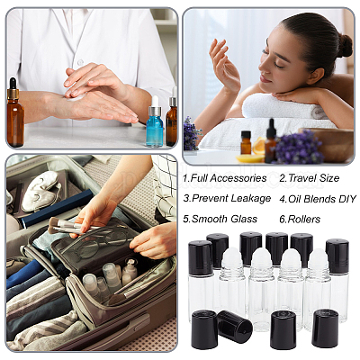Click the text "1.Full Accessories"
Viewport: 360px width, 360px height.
[225, 178]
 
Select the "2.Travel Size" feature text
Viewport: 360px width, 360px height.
[310, 178]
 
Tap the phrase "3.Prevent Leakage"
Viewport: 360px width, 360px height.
[227, 198]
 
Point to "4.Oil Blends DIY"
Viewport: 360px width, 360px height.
[318, 199]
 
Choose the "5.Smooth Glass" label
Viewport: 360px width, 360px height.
[220, 219]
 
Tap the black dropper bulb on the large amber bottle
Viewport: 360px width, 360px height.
[13, 84]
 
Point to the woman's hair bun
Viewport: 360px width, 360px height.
[345, 46]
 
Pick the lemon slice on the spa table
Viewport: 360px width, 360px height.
[250, 158]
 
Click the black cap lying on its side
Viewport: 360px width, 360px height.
[235, 326]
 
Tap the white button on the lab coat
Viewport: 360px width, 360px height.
[80, 62]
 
